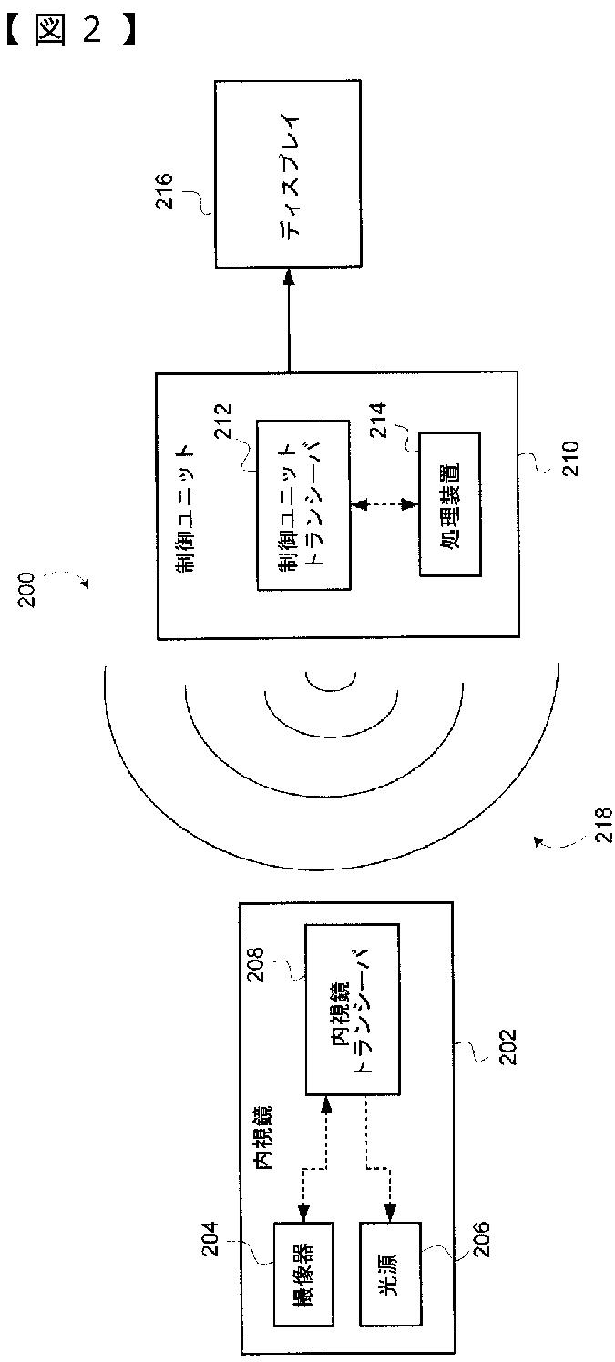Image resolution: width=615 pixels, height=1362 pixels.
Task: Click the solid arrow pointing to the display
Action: point(289,319)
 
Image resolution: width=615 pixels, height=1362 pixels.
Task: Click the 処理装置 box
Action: point(449,503)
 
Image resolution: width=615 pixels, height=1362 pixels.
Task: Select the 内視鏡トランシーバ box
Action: point(353,1011)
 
